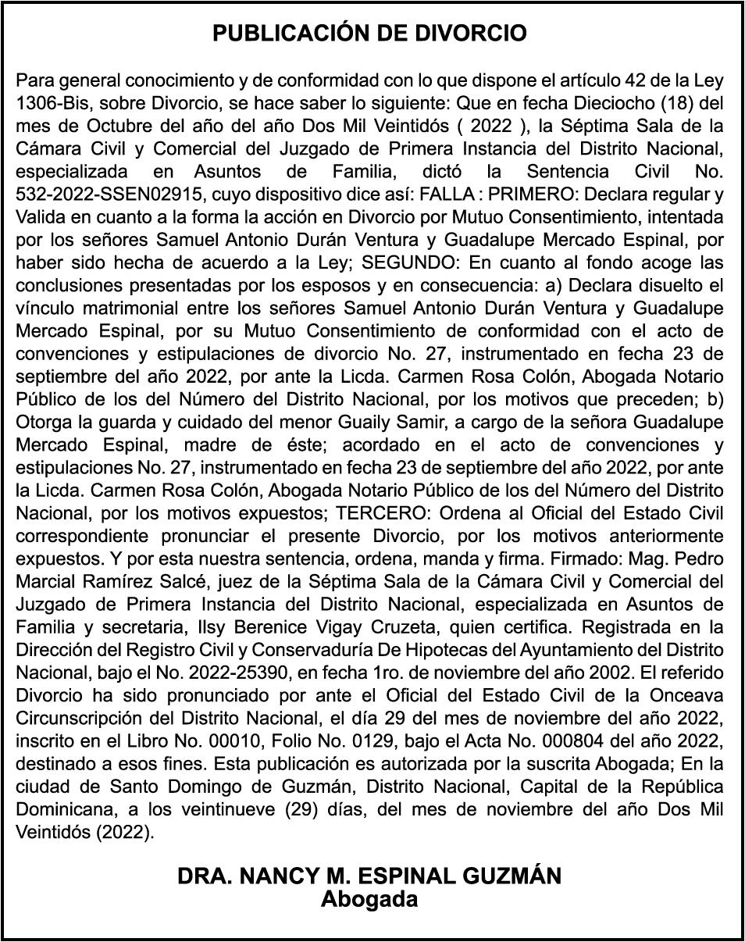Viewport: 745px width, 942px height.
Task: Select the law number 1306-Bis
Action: pos(50,103)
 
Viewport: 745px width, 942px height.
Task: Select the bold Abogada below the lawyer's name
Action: pos(369,899)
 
